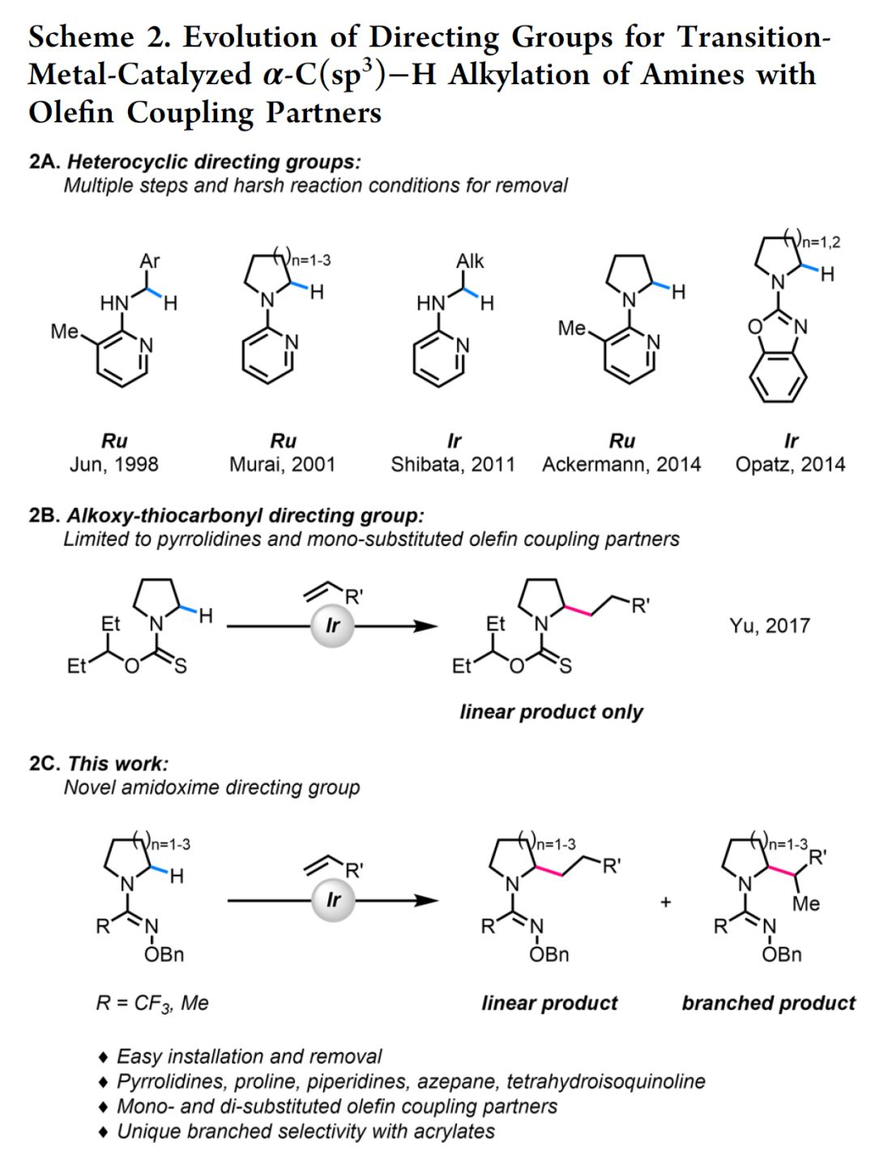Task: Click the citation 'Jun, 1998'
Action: [114, 464]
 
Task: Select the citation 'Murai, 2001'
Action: [282, 464]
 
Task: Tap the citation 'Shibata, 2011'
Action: [453, 464]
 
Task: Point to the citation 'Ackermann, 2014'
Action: [621, 464]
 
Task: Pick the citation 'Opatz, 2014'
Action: [790, 464]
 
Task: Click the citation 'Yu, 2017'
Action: [769, 625]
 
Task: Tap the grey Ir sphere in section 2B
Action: [332, 625]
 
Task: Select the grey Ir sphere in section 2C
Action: [333, 901]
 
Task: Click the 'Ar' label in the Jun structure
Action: [150, 261]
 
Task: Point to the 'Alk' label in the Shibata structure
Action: [470, 261]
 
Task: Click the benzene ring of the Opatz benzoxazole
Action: [778, 377]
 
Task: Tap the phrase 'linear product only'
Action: [551, 712]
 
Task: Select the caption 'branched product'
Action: [768, 1003]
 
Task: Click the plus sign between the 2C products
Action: [666, 901]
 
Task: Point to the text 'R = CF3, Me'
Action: [152, 1003]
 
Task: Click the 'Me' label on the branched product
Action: [805, 903]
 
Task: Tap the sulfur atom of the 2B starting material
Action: [181, 667]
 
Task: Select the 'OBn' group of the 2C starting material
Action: [164, 954]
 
